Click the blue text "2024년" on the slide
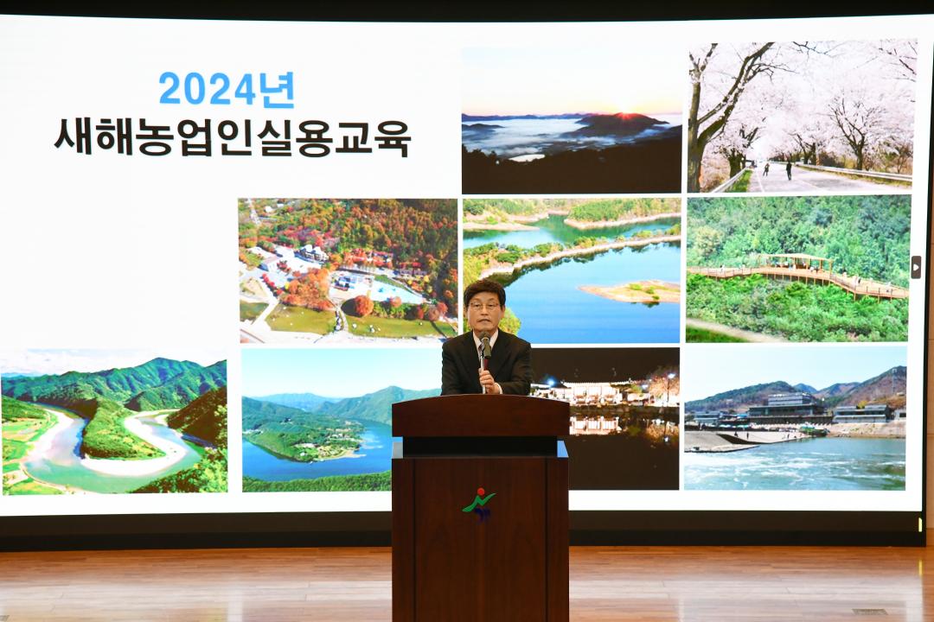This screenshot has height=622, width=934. (227, 89)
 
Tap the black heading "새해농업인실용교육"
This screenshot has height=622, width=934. (232, 137)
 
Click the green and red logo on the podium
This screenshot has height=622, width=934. (479, 503)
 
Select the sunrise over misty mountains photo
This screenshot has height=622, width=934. (571, 121)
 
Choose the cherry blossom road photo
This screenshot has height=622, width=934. (801, 116)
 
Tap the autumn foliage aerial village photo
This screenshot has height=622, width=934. (348, 270)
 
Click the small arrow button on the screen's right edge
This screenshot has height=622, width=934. (916, 267)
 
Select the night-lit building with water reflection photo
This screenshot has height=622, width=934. (618, 415)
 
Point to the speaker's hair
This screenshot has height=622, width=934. (484, 289)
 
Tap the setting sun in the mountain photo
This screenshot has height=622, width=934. (625, 113)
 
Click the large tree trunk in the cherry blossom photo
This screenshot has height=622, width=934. (707, 130)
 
